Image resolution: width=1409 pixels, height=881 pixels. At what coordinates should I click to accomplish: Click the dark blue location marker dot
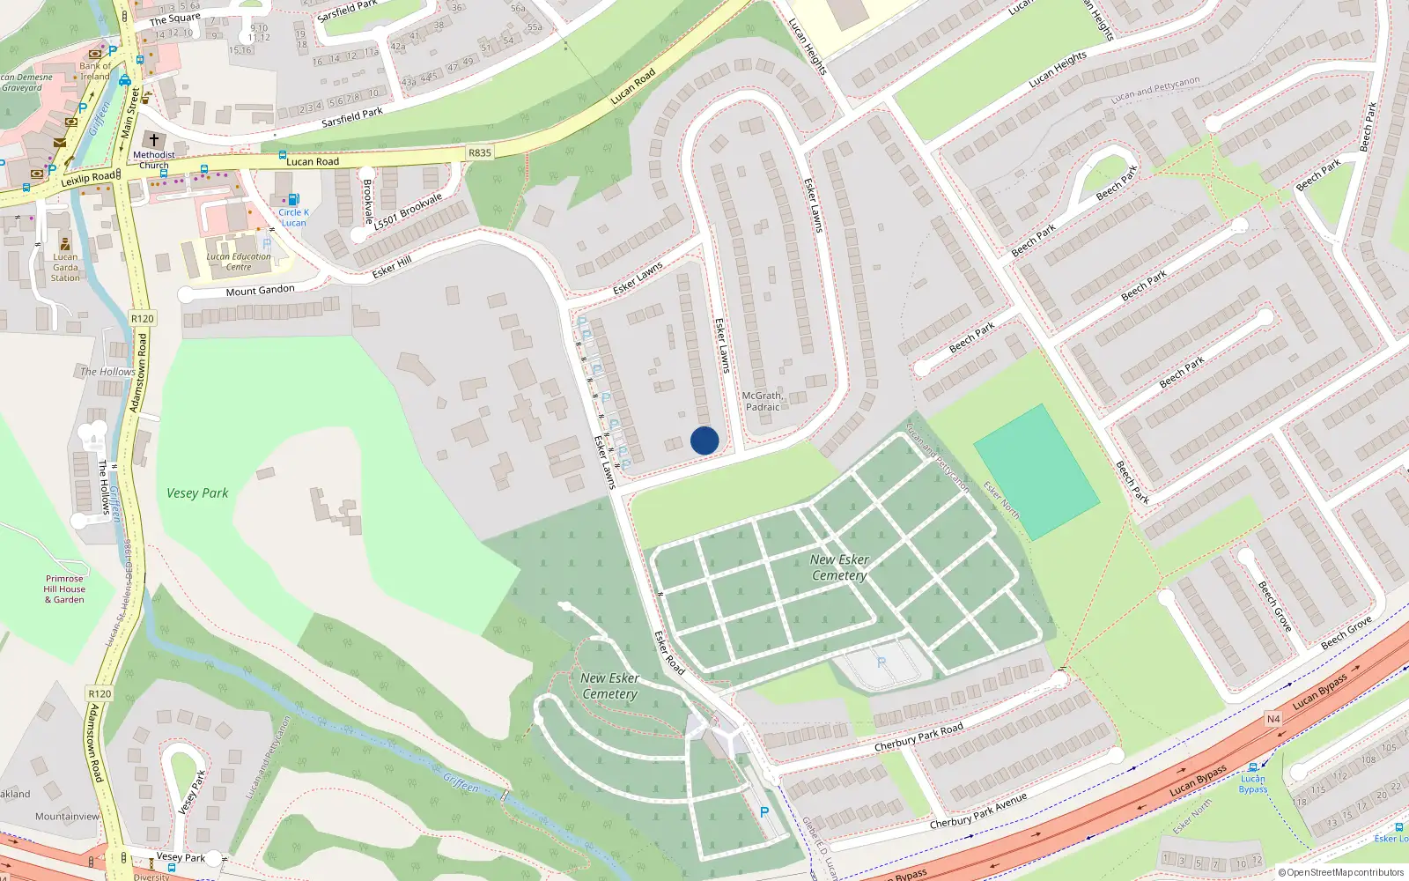click(704, 440)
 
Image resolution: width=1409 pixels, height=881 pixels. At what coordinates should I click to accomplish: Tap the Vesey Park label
click(197, 493)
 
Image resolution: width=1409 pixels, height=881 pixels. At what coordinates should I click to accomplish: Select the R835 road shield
click(480, 152)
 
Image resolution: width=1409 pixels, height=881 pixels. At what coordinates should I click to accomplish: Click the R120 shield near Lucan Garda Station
click(142, 319)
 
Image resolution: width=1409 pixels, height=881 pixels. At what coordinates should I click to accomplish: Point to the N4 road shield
click(1273, 719)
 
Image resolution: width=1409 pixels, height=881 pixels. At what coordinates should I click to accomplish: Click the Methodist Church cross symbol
click(154, 140)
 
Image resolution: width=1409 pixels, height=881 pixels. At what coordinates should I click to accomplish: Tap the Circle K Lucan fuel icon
click(293, 200)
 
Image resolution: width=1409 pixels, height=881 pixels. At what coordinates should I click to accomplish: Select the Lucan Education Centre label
click(239, 262)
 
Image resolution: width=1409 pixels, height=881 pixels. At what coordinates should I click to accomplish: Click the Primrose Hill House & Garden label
click(65, 589)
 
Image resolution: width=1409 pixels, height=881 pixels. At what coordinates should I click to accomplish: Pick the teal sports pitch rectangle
click(1036, 472)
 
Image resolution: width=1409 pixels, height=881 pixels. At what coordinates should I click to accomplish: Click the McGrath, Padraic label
click(763, 402)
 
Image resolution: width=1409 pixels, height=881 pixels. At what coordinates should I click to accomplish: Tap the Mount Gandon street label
click(261, 291)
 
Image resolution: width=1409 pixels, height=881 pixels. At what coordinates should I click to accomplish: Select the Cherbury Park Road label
click(918, 737)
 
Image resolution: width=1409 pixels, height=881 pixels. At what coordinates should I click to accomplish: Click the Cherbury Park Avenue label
click(978, 811)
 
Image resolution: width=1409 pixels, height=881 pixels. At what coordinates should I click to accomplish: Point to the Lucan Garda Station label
click(65, 267)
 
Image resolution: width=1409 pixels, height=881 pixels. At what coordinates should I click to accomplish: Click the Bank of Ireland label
click(95, 71)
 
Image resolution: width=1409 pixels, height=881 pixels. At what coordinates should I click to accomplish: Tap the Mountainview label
click(68, 817)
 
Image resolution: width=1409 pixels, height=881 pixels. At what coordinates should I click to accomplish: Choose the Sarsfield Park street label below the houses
click(352, 117)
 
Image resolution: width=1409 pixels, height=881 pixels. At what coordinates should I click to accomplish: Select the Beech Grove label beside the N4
click(1346, 633)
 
